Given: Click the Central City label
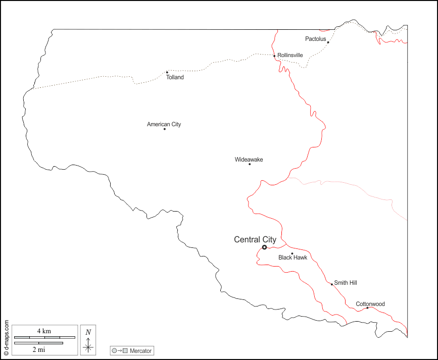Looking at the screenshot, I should click(x=255, y=240).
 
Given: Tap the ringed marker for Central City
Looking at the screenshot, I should click(x=264, y=247).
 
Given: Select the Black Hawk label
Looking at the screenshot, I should click(x=293, y=258).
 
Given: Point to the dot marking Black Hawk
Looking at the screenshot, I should click(x=292, y=253).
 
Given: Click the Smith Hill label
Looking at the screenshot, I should click(x=346, y=283).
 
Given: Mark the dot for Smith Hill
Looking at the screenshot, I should click(x=332, y=284).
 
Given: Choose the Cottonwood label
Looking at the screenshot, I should click(x=370, y=304).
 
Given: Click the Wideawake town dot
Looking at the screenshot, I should click(x=250, y=164).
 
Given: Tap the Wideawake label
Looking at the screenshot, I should click(x=249, y=160).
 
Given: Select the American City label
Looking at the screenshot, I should click(x=164, y=124).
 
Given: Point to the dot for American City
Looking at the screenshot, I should click(x=164, y=129).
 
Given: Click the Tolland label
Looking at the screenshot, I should click(x=175, y=77).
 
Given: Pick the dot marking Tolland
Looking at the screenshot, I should click(x=167, y=72).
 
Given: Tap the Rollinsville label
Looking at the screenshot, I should click(x=290, y=55).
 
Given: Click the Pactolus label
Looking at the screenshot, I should click(x=316, y=39).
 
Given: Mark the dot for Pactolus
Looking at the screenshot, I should click(x=328, y=42).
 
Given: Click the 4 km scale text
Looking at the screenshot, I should click(x=44, y=331).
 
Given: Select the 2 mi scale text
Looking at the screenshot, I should click(x=38, y=349).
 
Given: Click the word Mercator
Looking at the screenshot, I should click(x=140, y=350).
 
